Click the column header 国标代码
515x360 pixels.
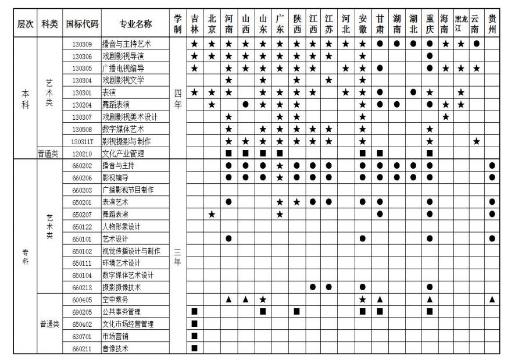(x=82, y=24)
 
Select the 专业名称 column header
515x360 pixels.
(x=135, y=24)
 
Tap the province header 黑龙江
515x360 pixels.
(x=461, y=24)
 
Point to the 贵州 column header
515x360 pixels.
(x=492, y=24)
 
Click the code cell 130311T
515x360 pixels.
(x=82, y=141)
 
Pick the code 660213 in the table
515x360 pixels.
(x=82, y=287)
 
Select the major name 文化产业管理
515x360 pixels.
(x=123, y=154)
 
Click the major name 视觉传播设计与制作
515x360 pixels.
(x=131, y=251)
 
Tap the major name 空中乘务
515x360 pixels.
(x=115, y=299)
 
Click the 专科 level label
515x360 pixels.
(x=25, y=256)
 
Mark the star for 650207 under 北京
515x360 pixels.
(x=212, y=215)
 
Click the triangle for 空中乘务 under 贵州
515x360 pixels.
(x=492, y=299)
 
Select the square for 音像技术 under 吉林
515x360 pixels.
(x=195, y=348)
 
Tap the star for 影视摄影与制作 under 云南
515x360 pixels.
(x=476, y=141)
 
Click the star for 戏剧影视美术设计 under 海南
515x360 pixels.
(x=445, y=117)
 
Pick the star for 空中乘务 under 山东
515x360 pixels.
(x=263, y=299)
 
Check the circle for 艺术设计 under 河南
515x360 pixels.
(x=229, y=238)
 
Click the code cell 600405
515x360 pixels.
(x=82, y=299)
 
